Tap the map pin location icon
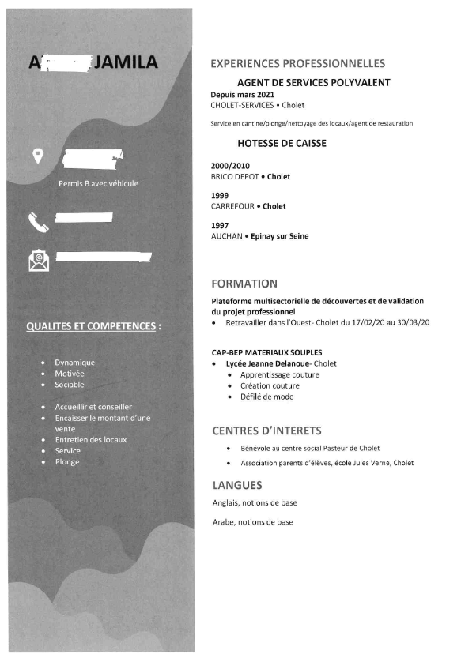(x=37, y=156)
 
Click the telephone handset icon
(x=38, y=223)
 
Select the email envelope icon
(x=38, y=259)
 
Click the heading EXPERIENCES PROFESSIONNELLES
(x=298, y=63)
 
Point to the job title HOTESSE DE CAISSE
(x=282, y=144)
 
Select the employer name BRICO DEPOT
(x=235, y=177)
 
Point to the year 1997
(x=220, y=225)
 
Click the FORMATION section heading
(x=244, y=284)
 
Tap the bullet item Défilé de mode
(x=266, y=397)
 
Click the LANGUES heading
(x=237, y=485)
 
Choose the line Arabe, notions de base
(x=253, y=522)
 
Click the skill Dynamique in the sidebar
(x=75, y=363)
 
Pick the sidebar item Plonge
(x=67, y=462)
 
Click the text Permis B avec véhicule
(x=99, y=184)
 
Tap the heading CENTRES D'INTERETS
(x=266, y=431)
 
